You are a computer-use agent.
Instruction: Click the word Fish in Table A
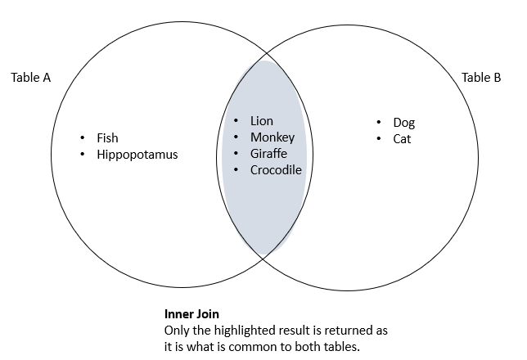107,138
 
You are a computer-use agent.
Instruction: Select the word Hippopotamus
137,155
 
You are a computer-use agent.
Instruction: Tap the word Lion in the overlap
262,121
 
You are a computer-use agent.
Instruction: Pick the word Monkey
273,137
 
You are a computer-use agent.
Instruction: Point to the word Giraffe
268,154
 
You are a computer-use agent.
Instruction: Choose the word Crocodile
276,170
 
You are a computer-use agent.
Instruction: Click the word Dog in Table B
404,123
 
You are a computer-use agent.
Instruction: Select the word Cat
402,139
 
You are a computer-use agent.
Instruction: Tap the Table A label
31,79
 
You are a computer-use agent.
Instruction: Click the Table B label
481,79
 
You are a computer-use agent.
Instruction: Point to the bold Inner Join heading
191,314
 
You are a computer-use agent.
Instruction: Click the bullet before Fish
83,137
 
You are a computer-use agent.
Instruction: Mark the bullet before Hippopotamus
83,154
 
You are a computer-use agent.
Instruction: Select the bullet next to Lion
236,121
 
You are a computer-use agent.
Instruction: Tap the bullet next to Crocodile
236,169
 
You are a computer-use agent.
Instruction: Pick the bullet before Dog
379,122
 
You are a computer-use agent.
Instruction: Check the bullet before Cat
379,138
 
